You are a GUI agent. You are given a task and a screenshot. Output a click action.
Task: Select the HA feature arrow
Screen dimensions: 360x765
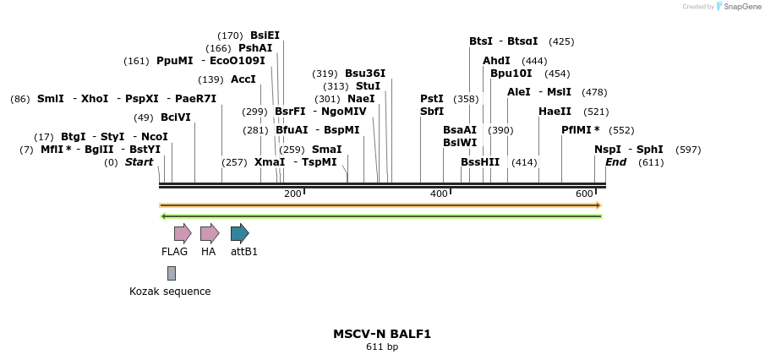pos(210,233)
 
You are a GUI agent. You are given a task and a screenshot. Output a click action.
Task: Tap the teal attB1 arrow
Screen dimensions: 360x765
pos(240,233)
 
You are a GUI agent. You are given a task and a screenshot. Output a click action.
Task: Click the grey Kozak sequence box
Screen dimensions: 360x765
pos(172,273)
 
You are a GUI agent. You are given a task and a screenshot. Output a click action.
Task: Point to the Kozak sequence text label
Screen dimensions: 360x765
pos(170,292)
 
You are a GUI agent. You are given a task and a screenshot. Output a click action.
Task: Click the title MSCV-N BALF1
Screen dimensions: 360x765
pos(382,334)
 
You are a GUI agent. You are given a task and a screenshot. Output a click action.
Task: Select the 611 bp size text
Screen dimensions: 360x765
pos(382,347)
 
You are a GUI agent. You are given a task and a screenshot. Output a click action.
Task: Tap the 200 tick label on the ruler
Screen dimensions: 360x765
pos(292,194)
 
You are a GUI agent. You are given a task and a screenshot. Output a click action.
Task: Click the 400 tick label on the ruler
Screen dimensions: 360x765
pos(439,194)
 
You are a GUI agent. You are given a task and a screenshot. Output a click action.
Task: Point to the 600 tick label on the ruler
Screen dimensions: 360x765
pos(584,194)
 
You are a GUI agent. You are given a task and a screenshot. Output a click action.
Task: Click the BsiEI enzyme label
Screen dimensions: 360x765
pos(265,35)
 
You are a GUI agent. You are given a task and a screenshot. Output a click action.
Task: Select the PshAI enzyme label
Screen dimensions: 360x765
pos(255,48)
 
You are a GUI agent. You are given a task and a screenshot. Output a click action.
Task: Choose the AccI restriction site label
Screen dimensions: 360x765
pos(243,79)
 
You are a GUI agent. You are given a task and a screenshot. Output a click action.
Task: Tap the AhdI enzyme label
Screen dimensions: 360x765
pos(496,61)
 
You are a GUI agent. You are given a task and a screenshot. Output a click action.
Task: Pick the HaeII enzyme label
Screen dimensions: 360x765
pos(555,112)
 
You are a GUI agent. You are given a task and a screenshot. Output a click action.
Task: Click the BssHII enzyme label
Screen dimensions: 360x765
pos(480,162)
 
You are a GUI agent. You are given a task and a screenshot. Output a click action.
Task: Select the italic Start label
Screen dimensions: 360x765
pos(139,162)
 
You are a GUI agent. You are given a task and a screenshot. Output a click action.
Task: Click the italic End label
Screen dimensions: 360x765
pos(615,162)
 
